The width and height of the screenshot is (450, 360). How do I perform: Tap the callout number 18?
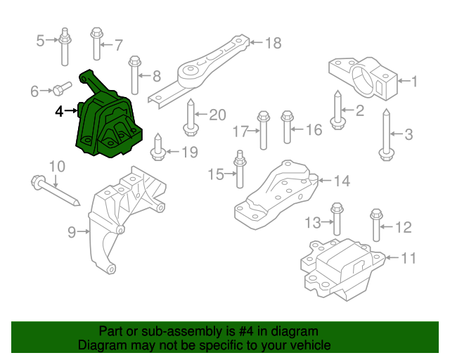pos(273,44)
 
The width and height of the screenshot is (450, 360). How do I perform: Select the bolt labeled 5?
pos(65,45)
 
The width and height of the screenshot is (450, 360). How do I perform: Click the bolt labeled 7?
pos(96,44)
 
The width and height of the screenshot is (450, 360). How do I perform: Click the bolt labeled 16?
pos(287,127)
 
